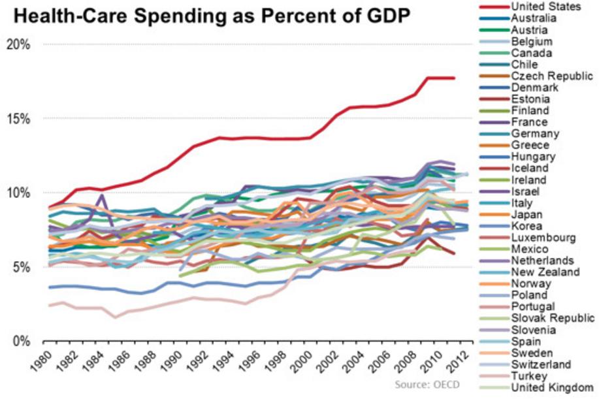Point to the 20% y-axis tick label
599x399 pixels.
tap(18, 44)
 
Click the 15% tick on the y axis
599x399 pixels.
tap(18, 119)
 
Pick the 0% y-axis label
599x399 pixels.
tap(21, 341)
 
